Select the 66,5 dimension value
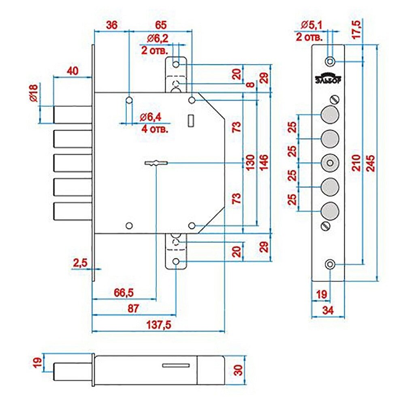(x=124, y=292)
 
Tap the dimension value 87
(x=133, y=308)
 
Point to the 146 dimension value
(x=264, y=163)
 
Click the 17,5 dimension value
(x=357, y=30)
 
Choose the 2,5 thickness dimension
(x=80, y=263)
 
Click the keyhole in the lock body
(x=156, y=163)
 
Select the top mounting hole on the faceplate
(x=330, y=61)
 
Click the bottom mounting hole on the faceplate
(x=330, y=264)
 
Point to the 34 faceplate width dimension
(x=328, y=311)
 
